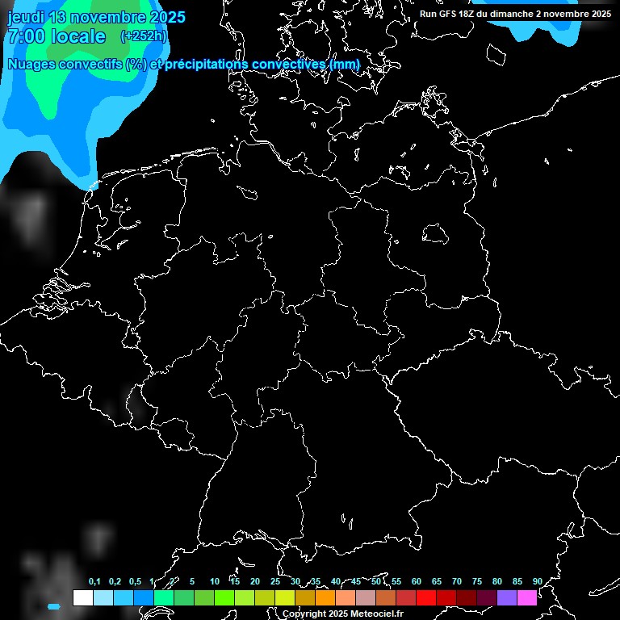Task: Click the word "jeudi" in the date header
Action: [26, 18]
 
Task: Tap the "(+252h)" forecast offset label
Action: [144, 36]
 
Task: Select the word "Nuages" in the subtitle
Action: [31, 65]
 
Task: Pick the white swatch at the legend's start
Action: [82, 597]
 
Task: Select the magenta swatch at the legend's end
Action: [526, 597]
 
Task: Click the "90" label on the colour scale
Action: [537, 581]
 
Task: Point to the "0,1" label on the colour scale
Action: [94, 581]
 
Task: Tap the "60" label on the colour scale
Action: [416, 581]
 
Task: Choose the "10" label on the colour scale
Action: [214, 581]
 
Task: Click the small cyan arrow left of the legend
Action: [54, 605]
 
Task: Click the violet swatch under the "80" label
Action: [506, 597]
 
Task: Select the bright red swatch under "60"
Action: [425, 597]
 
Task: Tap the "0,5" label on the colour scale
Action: [135, 581]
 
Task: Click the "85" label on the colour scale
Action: [517, 581]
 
